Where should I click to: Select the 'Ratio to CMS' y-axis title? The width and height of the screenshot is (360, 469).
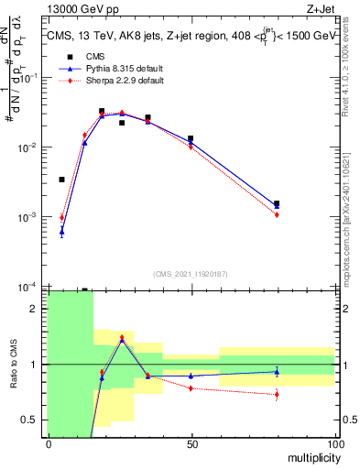coord(14,364)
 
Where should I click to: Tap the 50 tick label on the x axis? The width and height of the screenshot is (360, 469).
coord(191,443)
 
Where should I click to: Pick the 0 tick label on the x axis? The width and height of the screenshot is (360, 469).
coord(49,443)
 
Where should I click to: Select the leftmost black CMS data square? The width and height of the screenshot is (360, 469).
coord(62,180)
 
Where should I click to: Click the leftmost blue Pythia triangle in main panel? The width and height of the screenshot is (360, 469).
coord(62,231)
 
